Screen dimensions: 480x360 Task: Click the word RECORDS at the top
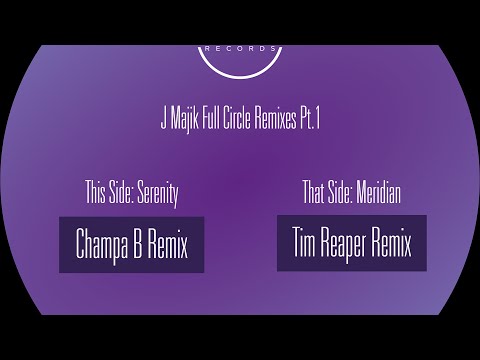[240, 49]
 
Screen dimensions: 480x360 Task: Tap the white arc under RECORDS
[240, 77]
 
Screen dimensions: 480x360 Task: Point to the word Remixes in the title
[275, 119]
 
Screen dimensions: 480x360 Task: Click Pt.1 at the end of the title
[310, 119]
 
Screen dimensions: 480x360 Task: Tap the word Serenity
[158, 194]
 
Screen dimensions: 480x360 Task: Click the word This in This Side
[95, 192]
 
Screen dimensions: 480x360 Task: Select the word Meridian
[378, 192]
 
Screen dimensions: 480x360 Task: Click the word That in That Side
[313, 192]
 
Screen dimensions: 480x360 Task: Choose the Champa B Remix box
[132, 245]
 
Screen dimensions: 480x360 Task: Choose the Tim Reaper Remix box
[352, 243]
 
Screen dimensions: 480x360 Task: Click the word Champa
[102, 245]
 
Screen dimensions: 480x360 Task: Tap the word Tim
[304, 242]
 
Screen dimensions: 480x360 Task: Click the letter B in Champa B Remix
[137, 243]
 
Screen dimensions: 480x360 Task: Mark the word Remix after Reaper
[391, 242]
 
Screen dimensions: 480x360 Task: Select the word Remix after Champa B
[168, 243]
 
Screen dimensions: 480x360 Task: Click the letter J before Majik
[164, 119]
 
